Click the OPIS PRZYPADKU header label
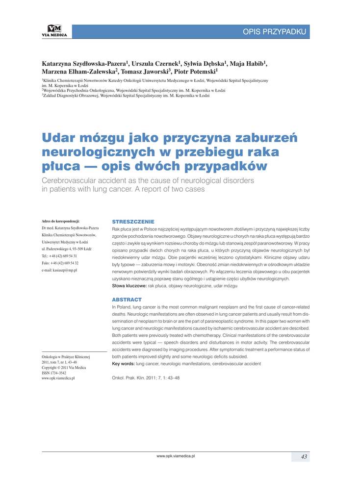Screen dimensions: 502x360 point(274,32)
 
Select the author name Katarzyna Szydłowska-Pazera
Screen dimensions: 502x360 point(85,64)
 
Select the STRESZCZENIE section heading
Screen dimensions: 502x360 point(133,222)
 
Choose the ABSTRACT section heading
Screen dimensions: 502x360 point(127,299)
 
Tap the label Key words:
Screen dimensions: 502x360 point(124,364)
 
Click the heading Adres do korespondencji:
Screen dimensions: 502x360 point(61,222)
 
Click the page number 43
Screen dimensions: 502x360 point(304,456)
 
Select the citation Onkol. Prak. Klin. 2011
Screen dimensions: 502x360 point(146,378)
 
